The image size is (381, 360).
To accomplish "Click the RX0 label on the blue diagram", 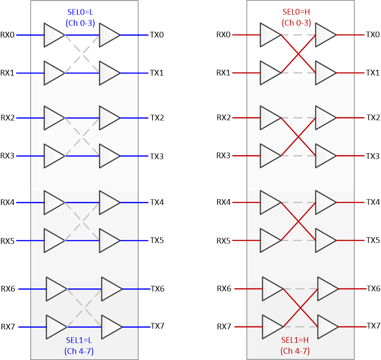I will coord(8,34).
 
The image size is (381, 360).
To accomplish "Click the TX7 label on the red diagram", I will coord(373,326).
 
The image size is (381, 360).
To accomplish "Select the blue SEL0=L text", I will coord(80,14).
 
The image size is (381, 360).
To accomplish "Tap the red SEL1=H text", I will coord(295,341).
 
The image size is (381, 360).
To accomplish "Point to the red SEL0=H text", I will coord(296,14).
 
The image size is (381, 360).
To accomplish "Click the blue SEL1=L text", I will coord(80,341).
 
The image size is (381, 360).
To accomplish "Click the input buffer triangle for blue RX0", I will coord(53,35).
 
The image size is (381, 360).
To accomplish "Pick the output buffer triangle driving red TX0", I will coord(324,35).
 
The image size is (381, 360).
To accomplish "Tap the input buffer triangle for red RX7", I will coord(271,327).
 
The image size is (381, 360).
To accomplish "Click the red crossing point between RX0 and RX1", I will coord(298,54).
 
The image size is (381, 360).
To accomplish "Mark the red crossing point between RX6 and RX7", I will coord(301,308).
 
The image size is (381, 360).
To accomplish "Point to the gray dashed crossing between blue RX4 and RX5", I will coord(82,222).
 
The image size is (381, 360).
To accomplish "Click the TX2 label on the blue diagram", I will coord(157,117).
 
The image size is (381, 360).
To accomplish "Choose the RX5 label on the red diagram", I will coord(224,241).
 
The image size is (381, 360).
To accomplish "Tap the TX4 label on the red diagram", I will coord(373,202).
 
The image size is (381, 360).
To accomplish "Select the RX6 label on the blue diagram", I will coord(8,289).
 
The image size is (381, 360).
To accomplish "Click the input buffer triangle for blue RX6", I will coord(55,289).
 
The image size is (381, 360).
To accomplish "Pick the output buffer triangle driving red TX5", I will coord(324,241).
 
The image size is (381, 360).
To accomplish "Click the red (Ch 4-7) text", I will coord(295,352).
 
